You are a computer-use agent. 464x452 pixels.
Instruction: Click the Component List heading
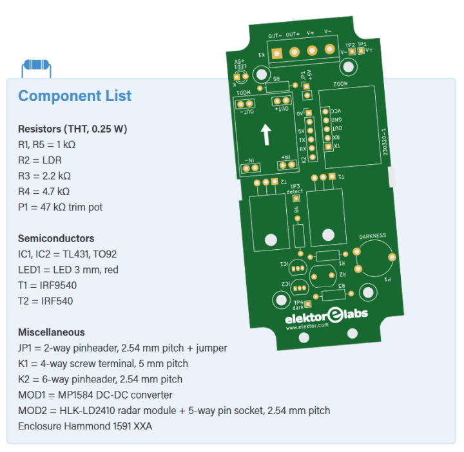[75, 97]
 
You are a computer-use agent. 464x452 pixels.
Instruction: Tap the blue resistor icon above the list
[36, 66]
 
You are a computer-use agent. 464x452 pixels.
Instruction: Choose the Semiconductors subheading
[56, 238]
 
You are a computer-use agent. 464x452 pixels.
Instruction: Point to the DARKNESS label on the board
[372, 236]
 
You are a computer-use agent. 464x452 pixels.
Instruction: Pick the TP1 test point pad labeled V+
[362, 51]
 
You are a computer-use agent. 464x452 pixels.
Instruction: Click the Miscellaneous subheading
[52, 332]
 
